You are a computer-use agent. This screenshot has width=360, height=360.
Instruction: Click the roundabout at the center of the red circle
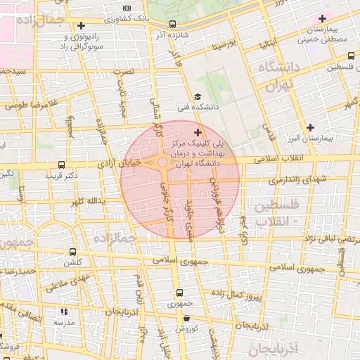pos(162,163)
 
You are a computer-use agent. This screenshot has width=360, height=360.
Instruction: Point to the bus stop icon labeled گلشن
pos(72,252)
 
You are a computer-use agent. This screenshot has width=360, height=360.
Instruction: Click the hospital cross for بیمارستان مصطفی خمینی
pos(323,19)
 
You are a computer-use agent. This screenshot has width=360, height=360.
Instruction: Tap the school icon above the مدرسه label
pos(65,311)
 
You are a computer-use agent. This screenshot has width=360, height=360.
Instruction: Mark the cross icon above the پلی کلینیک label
pos(197,131)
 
